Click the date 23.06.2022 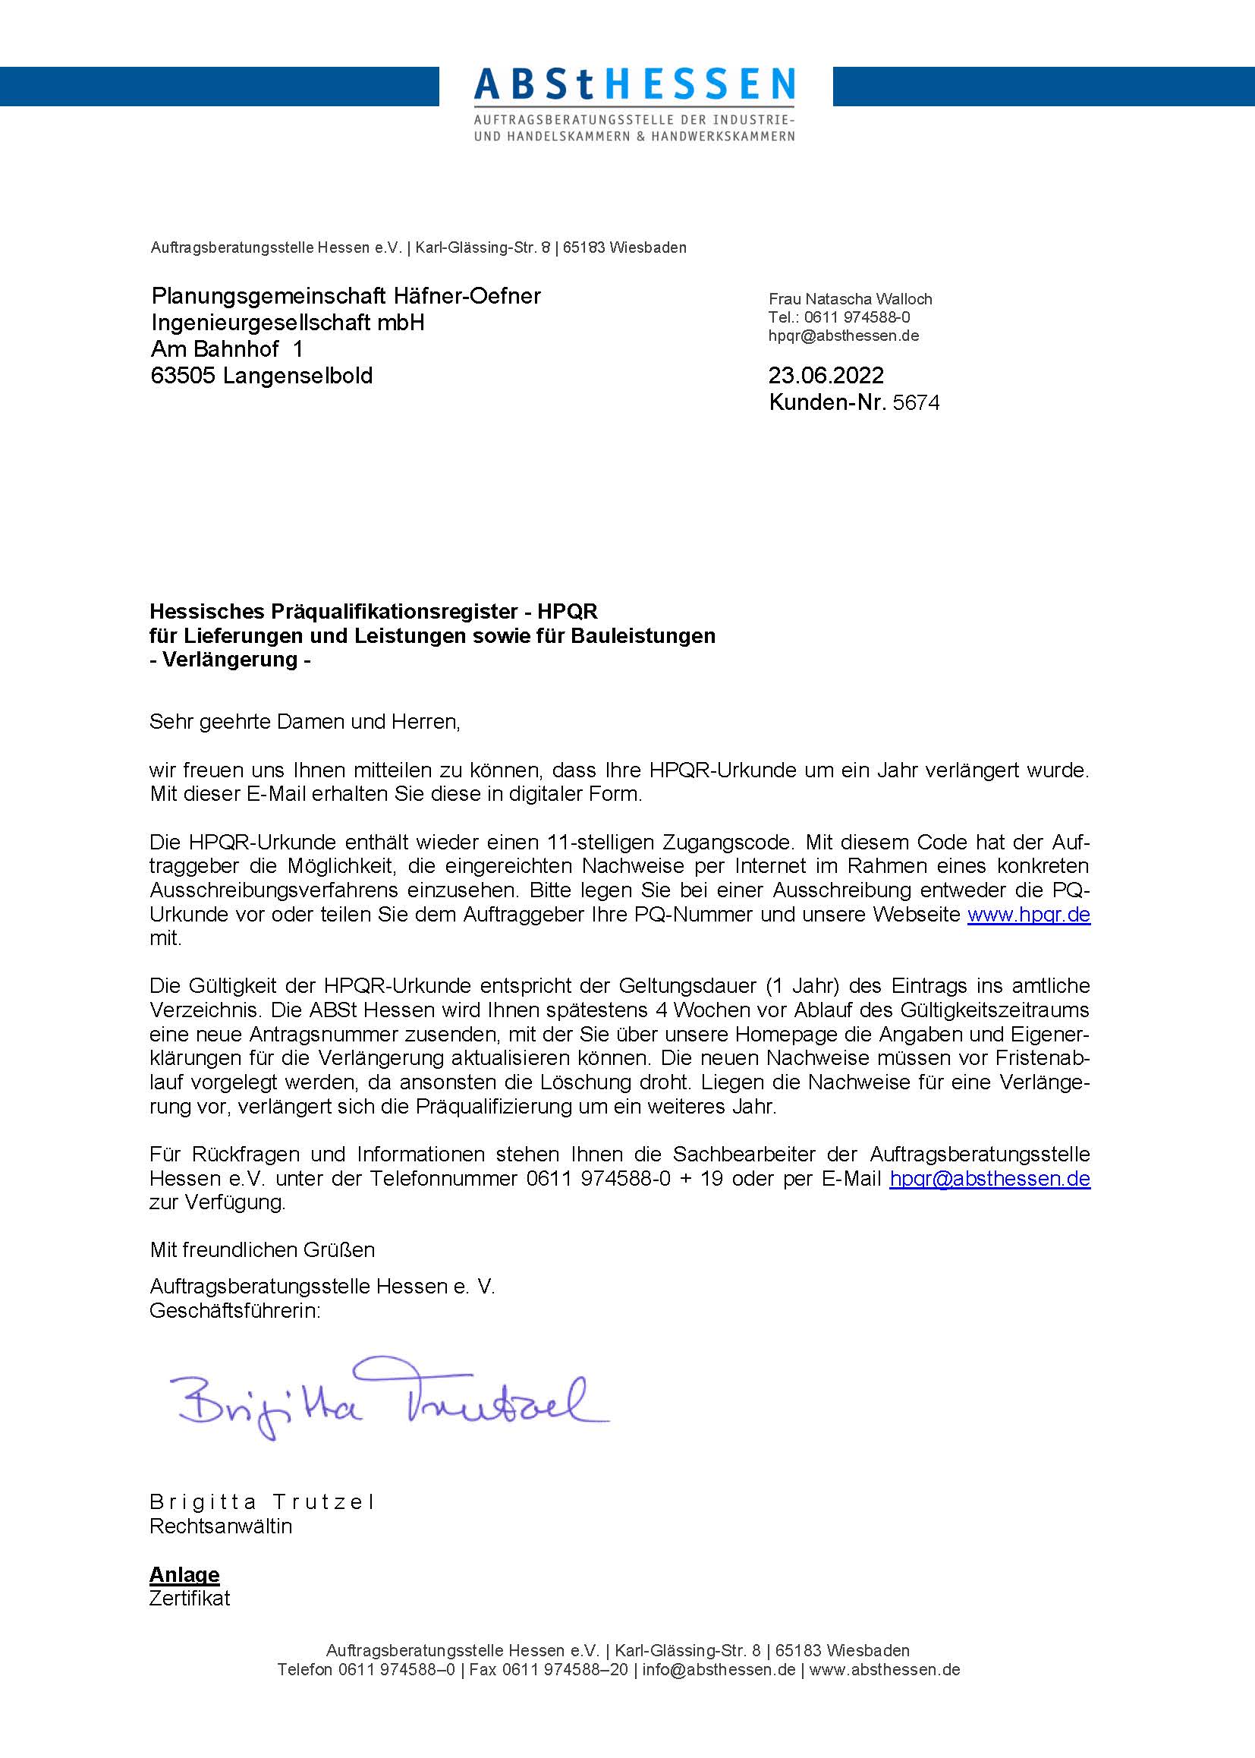coord(826,376)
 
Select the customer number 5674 coord(916,403)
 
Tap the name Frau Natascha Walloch coord(850,299)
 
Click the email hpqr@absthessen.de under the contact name coord(843,336)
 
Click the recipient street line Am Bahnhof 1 coord(227,349)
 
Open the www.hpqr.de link coord(1029,915)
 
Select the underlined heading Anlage coord(184,1575)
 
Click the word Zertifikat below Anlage coord(190,1599)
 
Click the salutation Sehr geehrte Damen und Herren coord(304,722)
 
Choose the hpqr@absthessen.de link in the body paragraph coord(989,1179)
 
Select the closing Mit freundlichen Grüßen coord(262,1249)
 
